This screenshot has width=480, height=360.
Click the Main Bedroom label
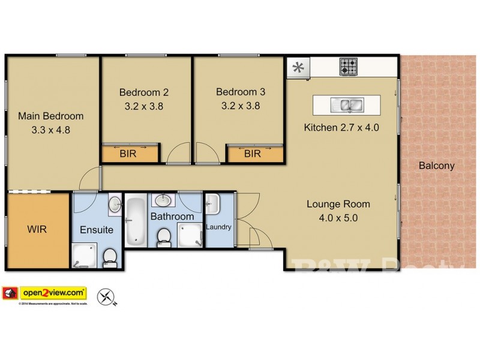click(50, 116)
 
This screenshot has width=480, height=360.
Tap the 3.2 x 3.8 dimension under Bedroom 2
click(143, 106)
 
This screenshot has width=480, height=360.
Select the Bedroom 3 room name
click(240, 92)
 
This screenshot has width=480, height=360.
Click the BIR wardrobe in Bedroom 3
click(253, 154)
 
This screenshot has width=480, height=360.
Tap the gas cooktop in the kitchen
click(348, 66)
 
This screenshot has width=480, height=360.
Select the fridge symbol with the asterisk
click(297, 67)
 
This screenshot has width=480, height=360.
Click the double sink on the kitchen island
click(347, 106)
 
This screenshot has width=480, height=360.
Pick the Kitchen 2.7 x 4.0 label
click(341, 127)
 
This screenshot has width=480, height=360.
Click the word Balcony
click(436, 166)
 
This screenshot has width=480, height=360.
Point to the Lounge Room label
click(338, 204)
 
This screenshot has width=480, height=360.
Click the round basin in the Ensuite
click(115, 205)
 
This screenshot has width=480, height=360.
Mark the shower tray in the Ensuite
click(83, 256)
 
